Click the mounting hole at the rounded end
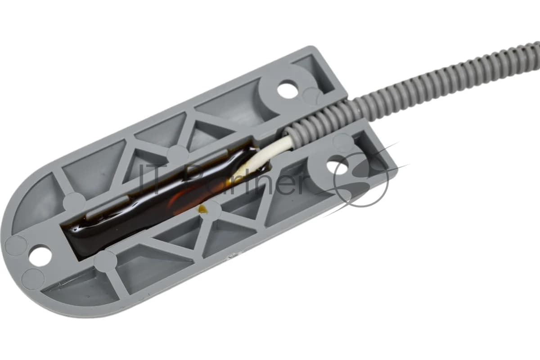(40, 255)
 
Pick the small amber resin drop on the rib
(202, 210)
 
